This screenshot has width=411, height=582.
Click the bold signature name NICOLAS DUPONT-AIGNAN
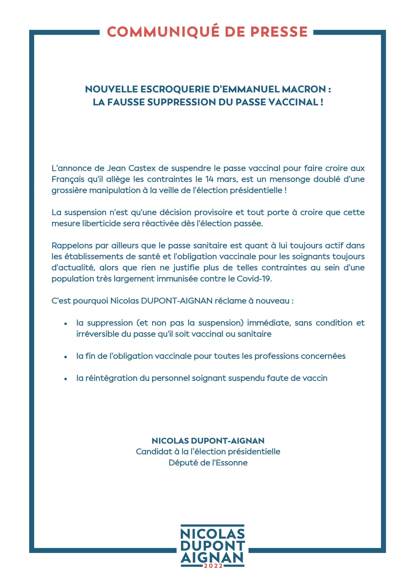(x=208, y=441)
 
